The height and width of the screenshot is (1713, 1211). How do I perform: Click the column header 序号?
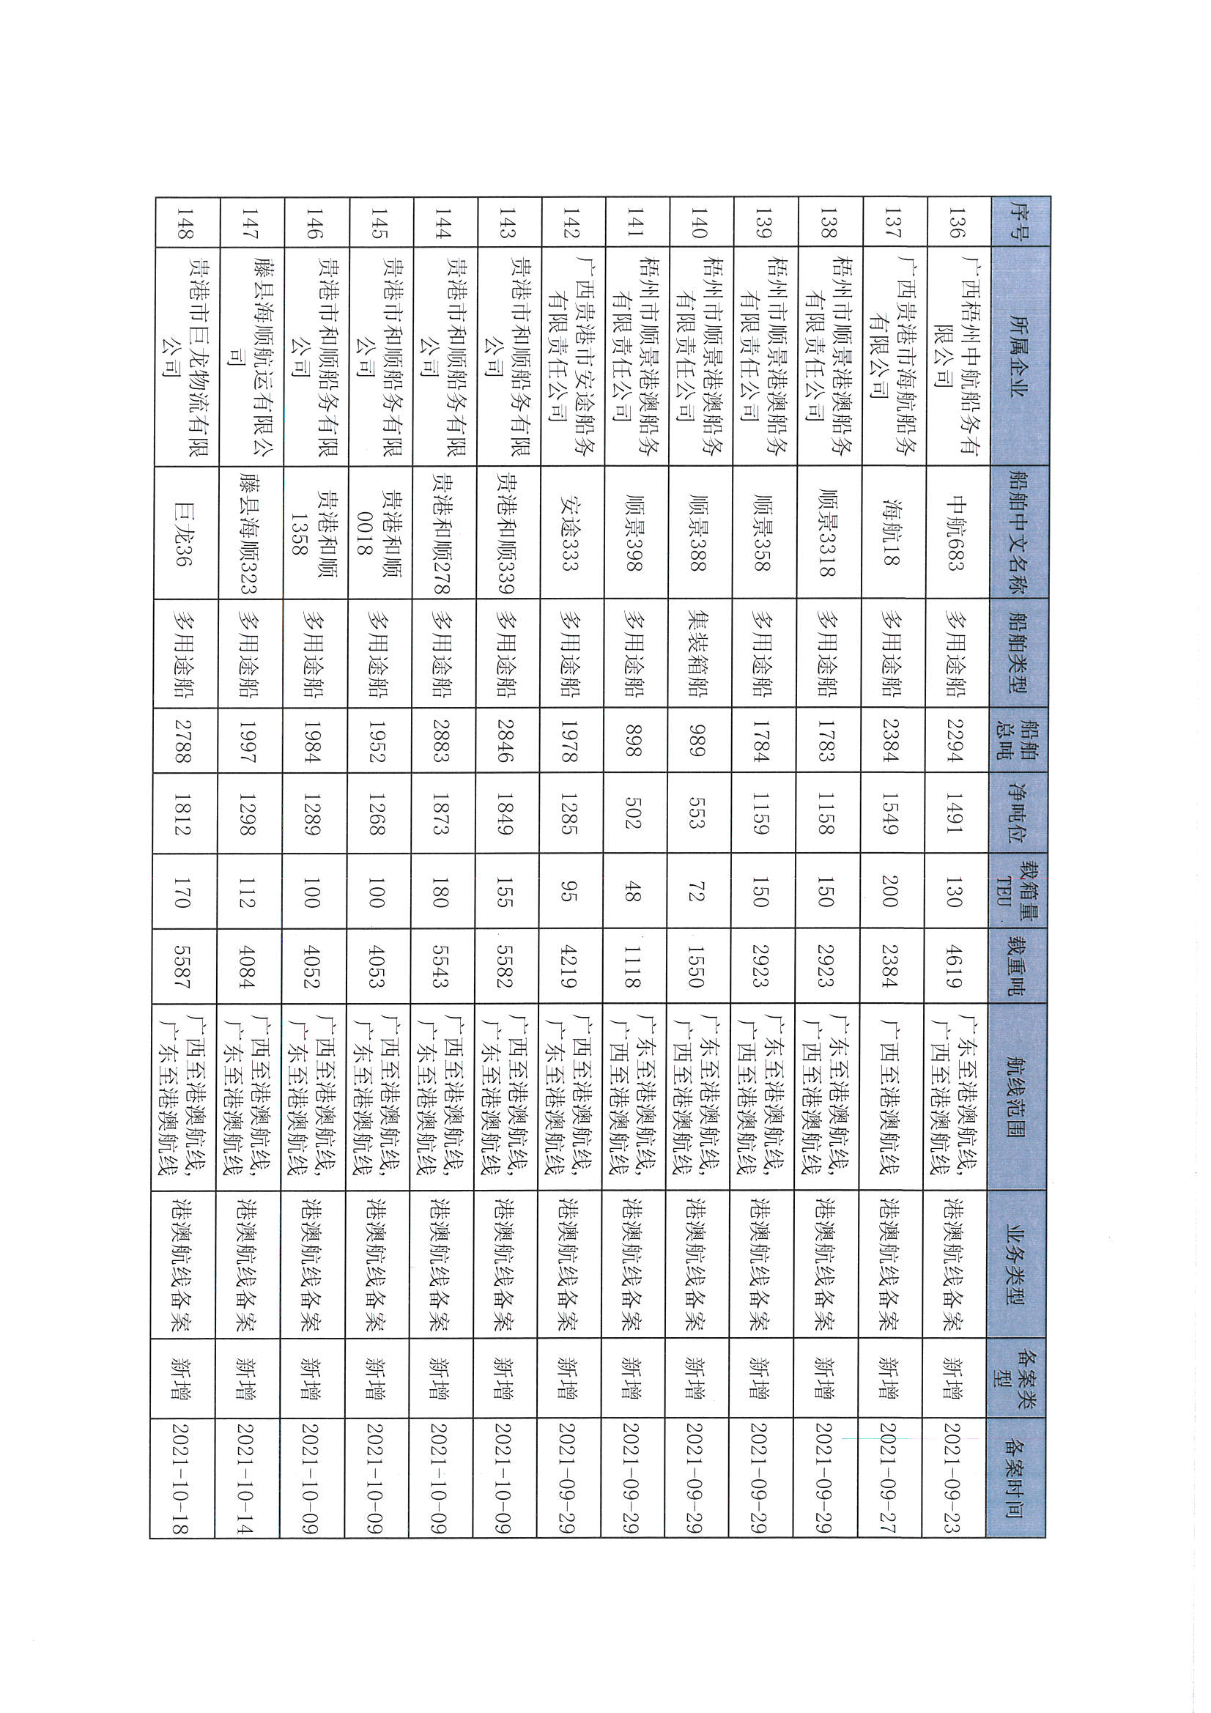point(1018,222)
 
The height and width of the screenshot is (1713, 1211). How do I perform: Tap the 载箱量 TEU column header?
point(1018,892)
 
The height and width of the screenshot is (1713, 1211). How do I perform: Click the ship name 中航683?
point(955,533)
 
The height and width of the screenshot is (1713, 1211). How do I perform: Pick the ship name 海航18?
point(891,533)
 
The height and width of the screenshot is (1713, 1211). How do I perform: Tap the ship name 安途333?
point(569,533)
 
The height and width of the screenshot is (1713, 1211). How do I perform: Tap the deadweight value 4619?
point(955,967)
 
